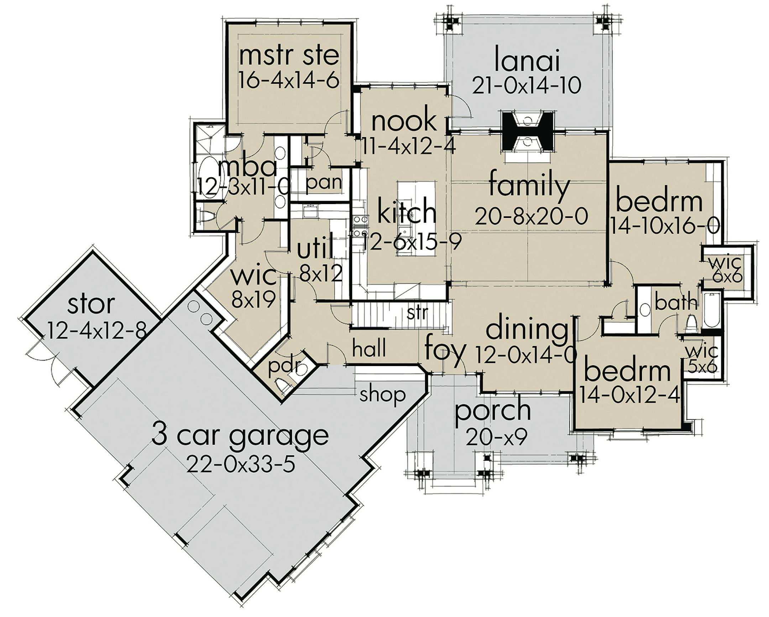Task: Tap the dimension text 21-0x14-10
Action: click(x=527, y=85)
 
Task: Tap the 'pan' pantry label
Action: click(x=324, y=183)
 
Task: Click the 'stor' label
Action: click(x=91, y=304)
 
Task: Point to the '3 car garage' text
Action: click(x=240, y=436)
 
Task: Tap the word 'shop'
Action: click(x=382, y=395)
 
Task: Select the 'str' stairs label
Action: click(x=417, y=313)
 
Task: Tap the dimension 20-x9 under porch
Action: click(x=496, y=438)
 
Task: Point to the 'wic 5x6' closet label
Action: click(x=702, y=359)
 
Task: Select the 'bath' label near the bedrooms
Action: click(x=676, y=303)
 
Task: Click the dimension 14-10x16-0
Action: click(x=664, y=226)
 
